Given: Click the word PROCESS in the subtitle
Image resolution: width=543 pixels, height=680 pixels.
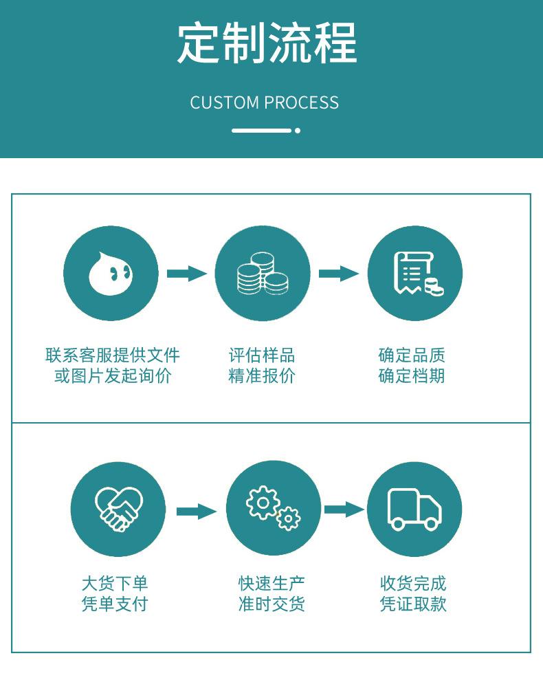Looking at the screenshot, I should click(302, 103).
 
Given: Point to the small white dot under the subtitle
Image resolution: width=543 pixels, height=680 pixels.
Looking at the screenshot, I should click(298, 130).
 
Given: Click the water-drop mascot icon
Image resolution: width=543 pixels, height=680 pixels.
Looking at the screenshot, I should click(111, 273).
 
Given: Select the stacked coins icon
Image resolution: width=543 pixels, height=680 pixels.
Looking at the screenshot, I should click(263, 273).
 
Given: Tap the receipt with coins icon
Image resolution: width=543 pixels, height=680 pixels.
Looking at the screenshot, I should click(415, 273).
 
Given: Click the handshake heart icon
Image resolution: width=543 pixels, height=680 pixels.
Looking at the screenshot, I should click(118, 509).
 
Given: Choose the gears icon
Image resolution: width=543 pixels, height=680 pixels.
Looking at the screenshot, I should click(273, 509).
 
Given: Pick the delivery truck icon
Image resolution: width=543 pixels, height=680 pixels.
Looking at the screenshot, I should click(414, 509).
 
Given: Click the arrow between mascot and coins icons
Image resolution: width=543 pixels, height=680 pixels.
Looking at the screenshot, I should click(187, 273).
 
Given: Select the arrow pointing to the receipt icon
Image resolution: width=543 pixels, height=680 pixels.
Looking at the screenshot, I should click(339, 273).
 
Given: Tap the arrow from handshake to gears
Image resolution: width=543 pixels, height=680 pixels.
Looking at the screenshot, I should click(197, 511).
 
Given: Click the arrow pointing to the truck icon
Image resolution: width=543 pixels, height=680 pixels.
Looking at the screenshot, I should click(344, 509).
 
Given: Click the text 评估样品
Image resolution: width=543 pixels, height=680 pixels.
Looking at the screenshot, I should click(262, 355).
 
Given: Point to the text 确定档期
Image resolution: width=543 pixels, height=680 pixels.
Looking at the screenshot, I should click(412, 376).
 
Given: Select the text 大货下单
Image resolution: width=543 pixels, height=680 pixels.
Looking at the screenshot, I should click(115, 584).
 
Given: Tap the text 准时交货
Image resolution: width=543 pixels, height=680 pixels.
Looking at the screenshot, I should click(271, 604).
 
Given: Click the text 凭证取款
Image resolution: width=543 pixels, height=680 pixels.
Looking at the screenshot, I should click(413, 604).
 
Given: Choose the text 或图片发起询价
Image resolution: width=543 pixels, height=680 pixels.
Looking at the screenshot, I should click(113, 376).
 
